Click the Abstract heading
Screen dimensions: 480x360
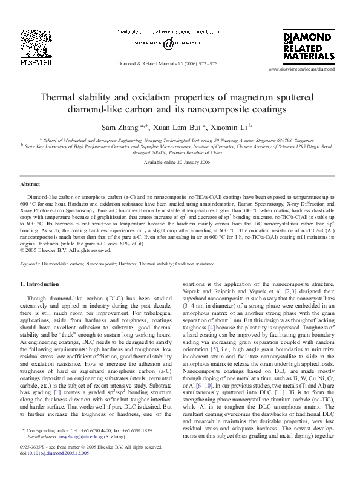(30, 183)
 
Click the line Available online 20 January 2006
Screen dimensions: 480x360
(180, 163)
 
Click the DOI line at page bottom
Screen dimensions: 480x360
(54, 469)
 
